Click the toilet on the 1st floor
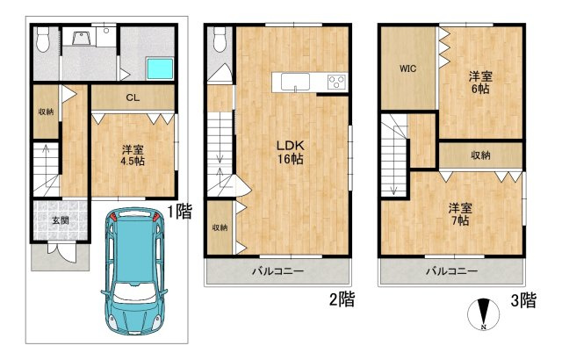[x=43, y=39]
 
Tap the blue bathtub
[x=160, y=68]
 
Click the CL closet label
[x=133, y=97]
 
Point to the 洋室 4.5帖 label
[x=133, y=155]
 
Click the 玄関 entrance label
[x=61, y=220]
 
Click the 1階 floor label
[x=180, y=212]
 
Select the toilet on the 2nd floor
[x=220, y=40]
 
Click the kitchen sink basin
[x=295, y=82]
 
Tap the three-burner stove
[x=337, y=82]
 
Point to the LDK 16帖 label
[x=291, y=152]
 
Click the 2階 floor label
[x=342, y=299]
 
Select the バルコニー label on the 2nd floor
[x=277, y=270]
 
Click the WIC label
[x=407, y=68]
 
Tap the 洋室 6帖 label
[x=480, y=83]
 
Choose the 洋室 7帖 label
[x=460, y=214]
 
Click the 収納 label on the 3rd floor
[x=480, y=155]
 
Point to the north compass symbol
[x=484, y=314]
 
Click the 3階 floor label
[x=523, y=299]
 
